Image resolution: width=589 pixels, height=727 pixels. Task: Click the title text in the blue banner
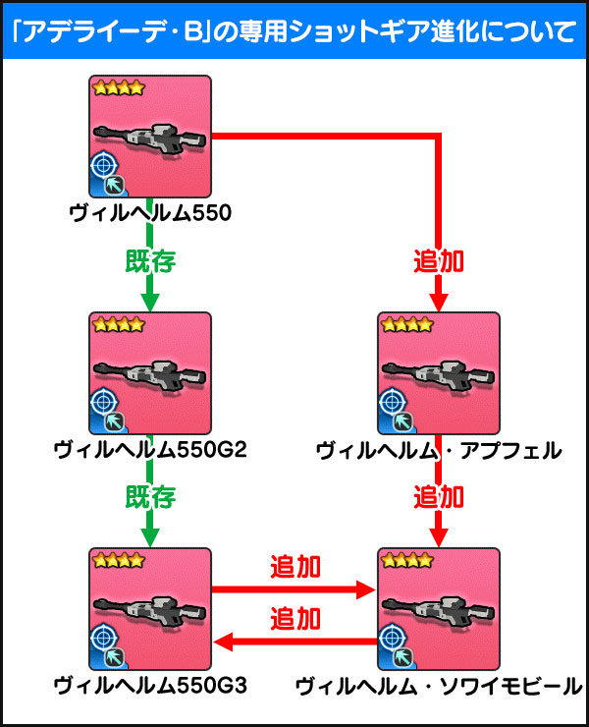pyautogui.click(x=294, y=31)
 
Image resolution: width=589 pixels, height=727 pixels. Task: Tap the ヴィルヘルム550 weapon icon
pyautogui.click(x=150, y=137)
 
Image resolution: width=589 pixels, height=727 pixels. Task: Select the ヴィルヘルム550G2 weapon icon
pyautogui.click(x=150, y=373)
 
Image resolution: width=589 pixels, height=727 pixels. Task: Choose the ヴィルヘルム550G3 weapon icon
pyautogui.click(x=150, y=609)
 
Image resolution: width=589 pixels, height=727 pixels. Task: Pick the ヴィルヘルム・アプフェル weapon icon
pyautogui.click(x=439, y=373)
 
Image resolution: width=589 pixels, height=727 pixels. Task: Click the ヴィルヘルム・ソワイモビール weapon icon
pyautogui.click(x=439, y=609)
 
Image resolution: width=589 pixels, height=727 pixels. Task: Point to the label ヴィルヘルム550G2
pyautogui.click(x=150, y=450)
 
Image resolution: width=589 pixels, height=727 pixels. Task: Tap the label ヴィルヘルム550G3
pyautogui.click(x=150, y=686)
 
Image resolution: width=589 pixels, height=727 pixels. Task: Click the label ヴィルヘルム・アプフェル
pyautogui.click(x=439, y=450)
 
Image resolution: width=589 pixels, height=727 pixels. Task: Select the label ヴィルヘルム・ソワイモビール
pyautogui.click(x=439, y=686)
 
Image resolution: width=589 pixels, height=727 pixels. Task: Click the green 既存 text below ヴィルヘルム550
pyautogui.click(x=150, y=261)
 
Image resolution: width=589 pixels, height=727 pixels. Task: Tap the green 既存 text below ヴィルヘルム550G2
pyautogui.click(x=150, y=497)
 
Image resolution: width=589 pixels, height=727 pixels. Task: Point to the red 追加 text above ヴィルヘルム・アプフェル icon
pyautogui.click(x=439, y=261)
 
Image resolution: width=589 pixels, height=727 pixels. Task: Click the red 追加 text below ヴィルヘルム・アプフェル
pyautogui.click(x=439, y=497)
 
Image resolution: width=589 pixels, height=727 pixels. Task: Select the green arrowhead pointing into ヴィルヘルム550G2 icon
pyautogui.click(x=150, y=303)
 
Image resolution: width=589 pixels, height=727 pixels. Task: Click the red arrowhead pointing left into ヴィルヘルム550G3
pyautogui.click(x=224, y=643)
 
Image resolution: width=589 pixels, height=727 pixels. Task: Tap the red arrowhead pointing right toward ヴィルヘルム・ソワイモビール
pyautogui.click(x=365, y=589)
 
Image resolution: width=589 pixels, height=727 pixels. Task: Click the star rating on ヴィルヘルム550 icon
pyautogui.click(x=119, y=87)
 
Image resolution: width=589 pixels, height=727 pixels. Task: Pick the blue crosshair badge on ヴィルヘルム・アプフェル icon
pyautogui.click(x=393, y=403)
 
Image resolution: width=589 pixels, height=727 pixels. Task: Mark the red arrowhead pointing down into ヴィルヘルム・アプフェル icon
pyautogui.click(x=439, y=303)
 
